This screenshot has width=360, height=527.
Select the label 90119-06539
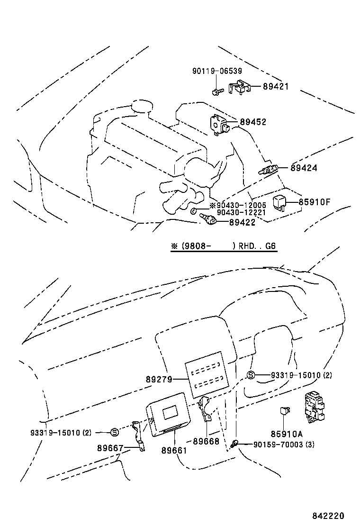point(217,71)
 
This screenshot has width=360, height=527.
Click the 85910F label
point(314,202)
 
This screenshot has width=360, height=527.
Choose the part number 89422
point(242,222)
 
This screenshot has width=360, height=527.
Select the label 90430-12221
point(241,212)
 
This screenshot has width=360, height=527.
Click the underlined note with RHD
point(223,246)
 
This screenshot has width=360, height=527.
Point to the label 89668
point(206,441)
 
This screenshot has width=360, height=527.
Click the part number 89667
point(110,448)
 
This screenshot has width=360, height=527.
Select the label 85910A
point(287,434)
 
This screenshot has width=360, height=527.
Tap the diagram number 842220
point(328,516)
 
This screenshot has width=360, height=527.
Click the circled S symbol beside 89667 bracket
point(114,432)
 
